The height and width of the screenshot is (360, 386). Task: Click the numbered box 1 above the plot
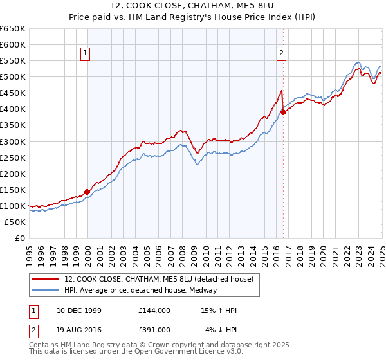click(86, 54)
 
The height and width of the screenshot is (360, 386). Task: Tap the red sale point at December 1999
click(87, 191)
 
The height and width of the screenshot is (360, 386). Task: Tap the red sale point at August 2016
click(283, 112)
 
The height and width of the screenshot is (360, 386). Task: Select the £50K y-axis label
click(15, 222)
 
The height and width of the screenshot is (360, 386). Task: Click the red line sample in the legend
click(46, 279)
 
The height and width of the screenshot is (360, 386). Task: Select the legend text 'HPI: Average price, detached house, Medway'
click(140, 290)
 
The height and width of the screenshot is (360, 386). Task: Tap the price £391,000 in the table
click(154, 329)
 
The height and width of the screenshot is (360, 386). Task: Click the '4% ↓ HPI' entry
click(221, 329)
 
